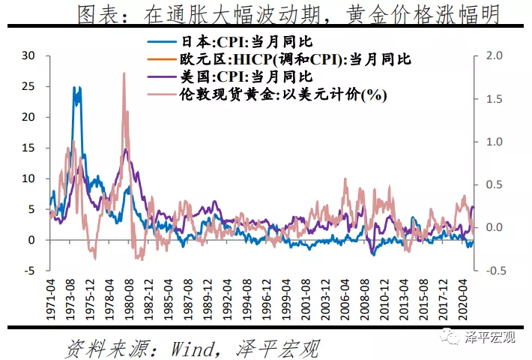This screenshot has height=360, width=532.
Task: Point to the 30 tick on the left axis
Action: (29, 55)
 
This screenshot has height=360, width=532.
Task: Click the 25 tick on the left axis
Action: (29, 86)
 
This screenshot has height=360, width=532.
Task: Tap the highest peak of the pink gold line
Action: (123, 73)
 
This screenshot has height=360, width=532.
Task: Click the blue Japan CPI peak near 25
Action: (76, 88)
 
